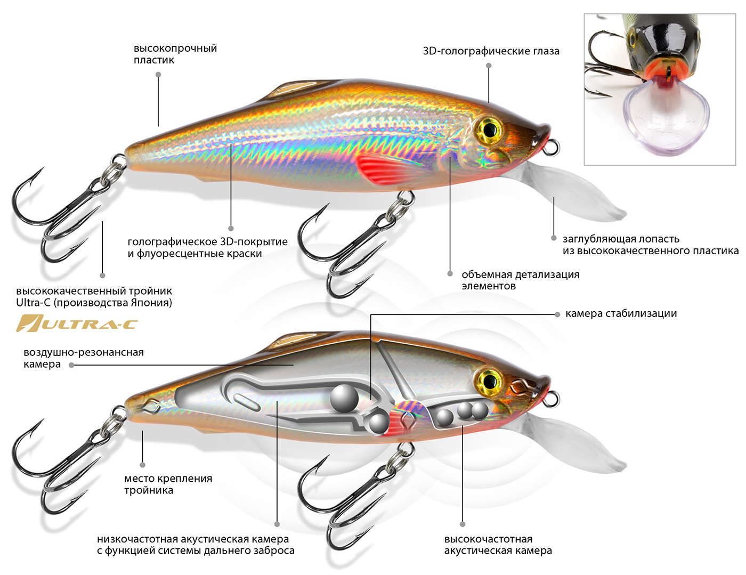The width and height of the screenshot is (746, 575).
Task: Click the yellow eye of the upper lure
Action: click(x=489, y=129)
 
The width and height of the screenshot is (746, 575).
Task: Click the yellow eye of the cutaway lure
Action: click(x=489, y=380)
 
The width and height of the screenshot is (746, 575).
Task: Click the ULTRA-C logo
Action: click(x=77, y=323)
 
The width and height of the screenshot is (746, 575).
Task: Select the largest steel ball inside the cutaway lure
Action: click(x=344, y=398)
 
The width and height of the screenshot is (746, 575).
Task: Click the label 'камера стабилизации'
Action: click(x=621, y=314)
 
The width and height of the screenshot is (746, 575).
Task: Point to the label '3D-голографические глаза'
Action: click(x=491, y=51)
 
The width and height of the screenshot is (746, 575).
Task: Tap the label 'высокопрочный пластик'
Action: click(x=175, y=54)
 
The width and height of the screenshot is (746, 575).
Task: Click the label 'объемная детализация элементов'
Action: click(x=521, y=280)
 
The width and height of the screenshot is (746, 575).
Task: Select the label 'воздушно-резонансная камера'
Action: click(x=84, y=358)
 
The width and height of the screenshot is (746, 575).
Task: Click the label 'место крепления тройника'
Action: click(x=168, y=484)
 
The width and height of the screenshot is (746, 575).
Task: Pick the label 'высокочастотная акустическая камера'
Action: click(x=498, y=545)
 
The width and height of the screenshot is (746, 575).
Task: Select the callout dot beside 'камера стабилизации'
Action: click(x=557, y=314)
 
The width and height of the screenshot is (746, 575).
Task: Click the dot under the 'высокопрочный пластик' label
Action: click(x=158, y=75)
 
